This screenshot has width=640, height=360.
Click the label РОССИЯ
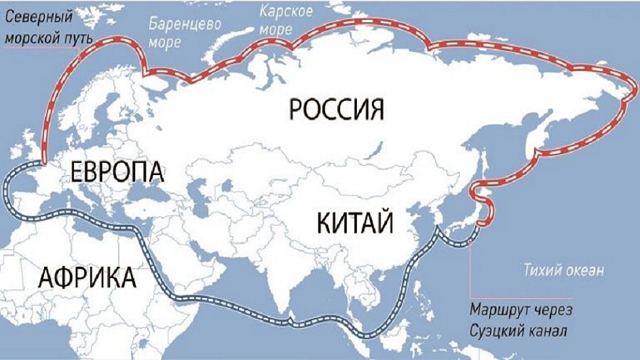click(x=337, y=110)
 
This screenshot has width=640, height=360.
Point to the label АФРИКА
click(x=87, y=276)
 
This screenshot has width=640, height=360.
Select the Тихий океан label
click(x=563, y=270)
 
